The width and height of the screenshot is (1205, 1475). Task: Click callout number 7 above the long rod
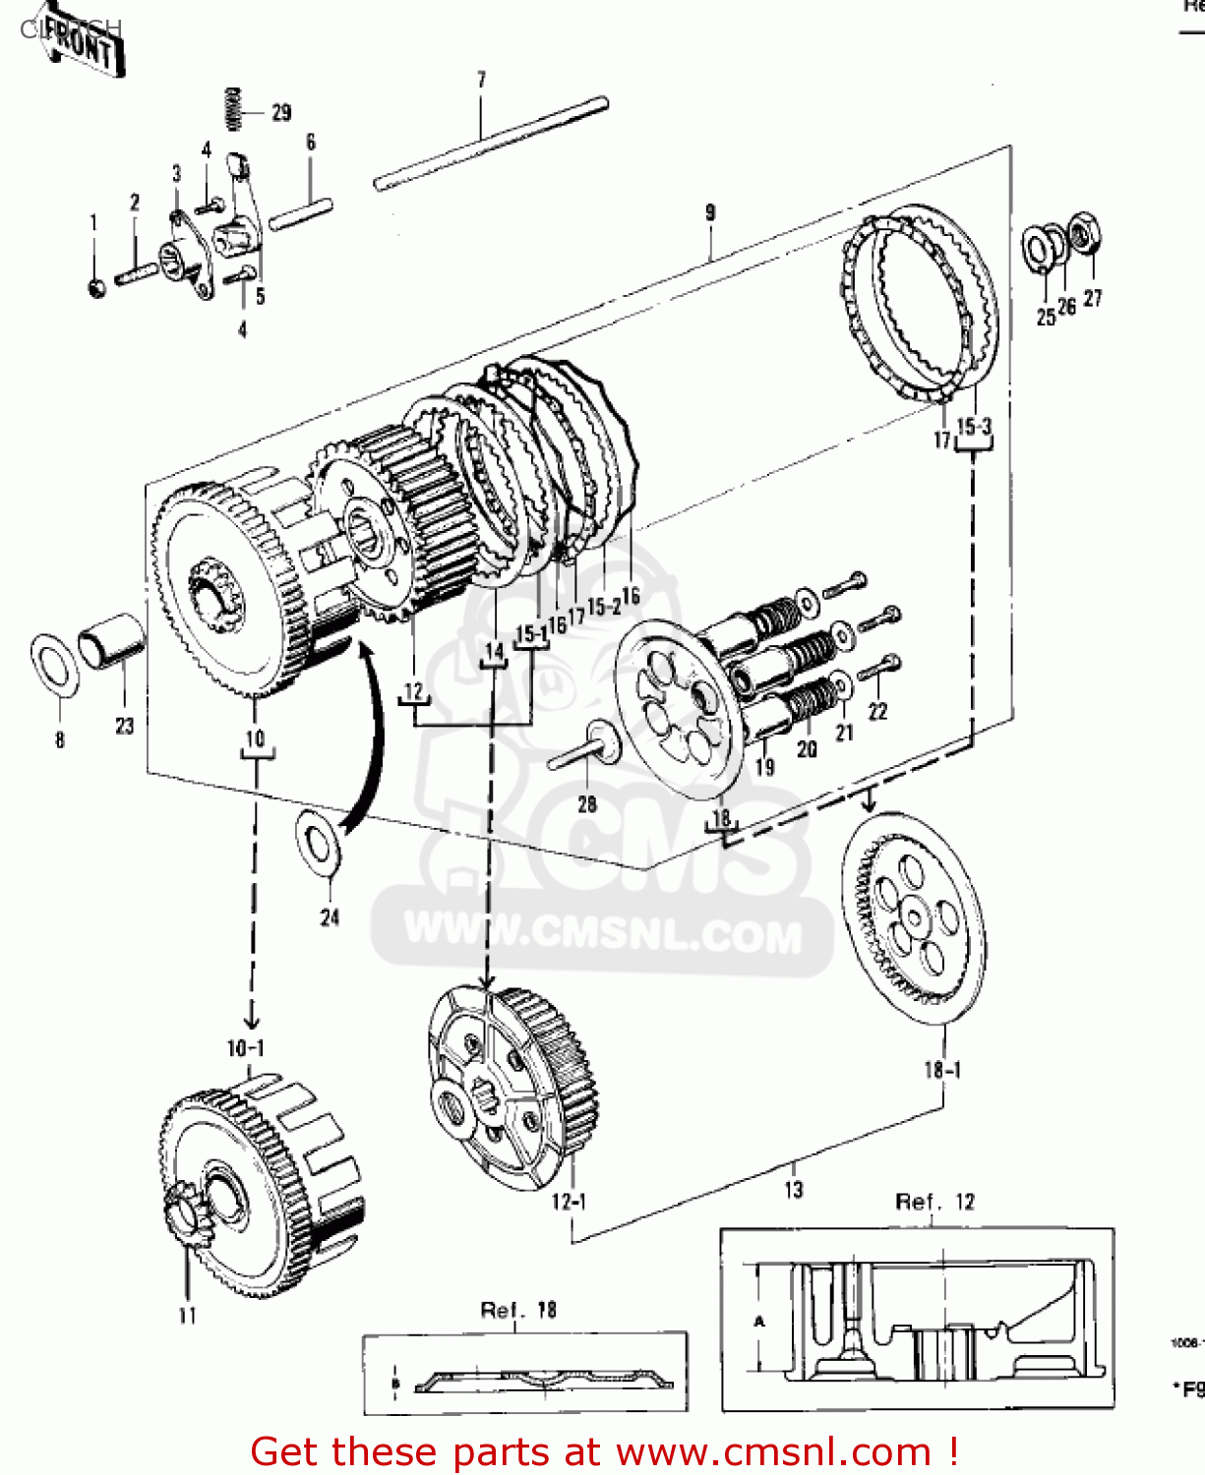coord(481,80)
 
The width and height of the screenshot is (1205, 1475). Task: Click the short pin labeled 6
coord(301,213)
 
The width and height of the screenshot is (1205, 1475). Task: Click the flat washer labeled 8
coord(56,665)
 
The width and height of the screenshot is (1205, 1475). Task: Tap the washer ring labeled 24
coord(319,842)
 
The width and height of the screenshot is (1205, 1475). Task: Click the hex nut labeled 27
coord(1084,234)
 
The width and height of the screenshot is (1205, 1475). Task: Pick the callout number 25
coord(1046,317)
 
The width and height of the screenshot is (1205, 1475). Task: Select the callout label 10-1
coord(246,1048)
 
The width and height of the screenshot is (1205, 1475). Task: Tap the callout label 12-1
coord(569,1202)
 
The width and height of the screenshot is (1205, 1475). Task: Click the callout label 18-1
coord(942,1070)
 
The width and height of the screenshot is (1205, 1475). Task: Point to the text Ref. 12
coord(934,1202)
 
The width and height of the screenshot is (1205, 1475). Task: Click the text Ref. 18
coord(518,1310)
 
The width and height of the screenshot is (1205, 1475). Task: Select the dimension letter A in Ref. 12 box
coord(758,1322)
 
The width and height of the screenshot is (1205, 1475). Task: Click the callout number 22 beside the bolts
coord(877,711)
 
